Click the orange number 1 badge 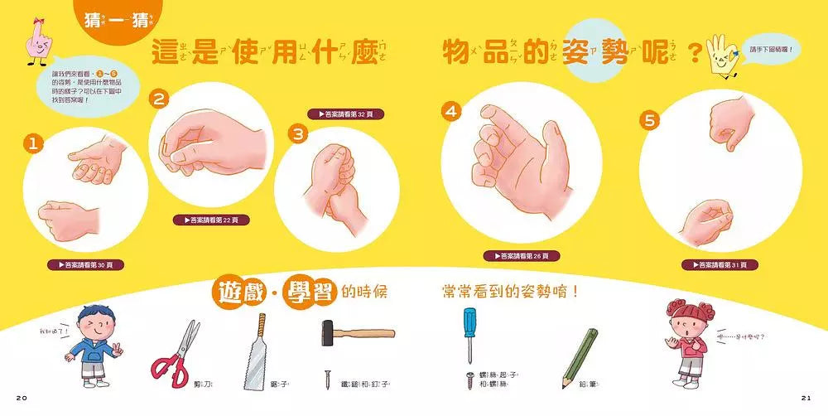pyautogui.click(x=33, y=144)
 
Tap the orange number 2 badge pyautogui.click(x=159, y=99)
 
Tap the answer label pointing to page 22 pyautogui.click(x=209, y=220)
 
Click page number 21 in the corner pyautogui.click(x=806, y=399)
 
